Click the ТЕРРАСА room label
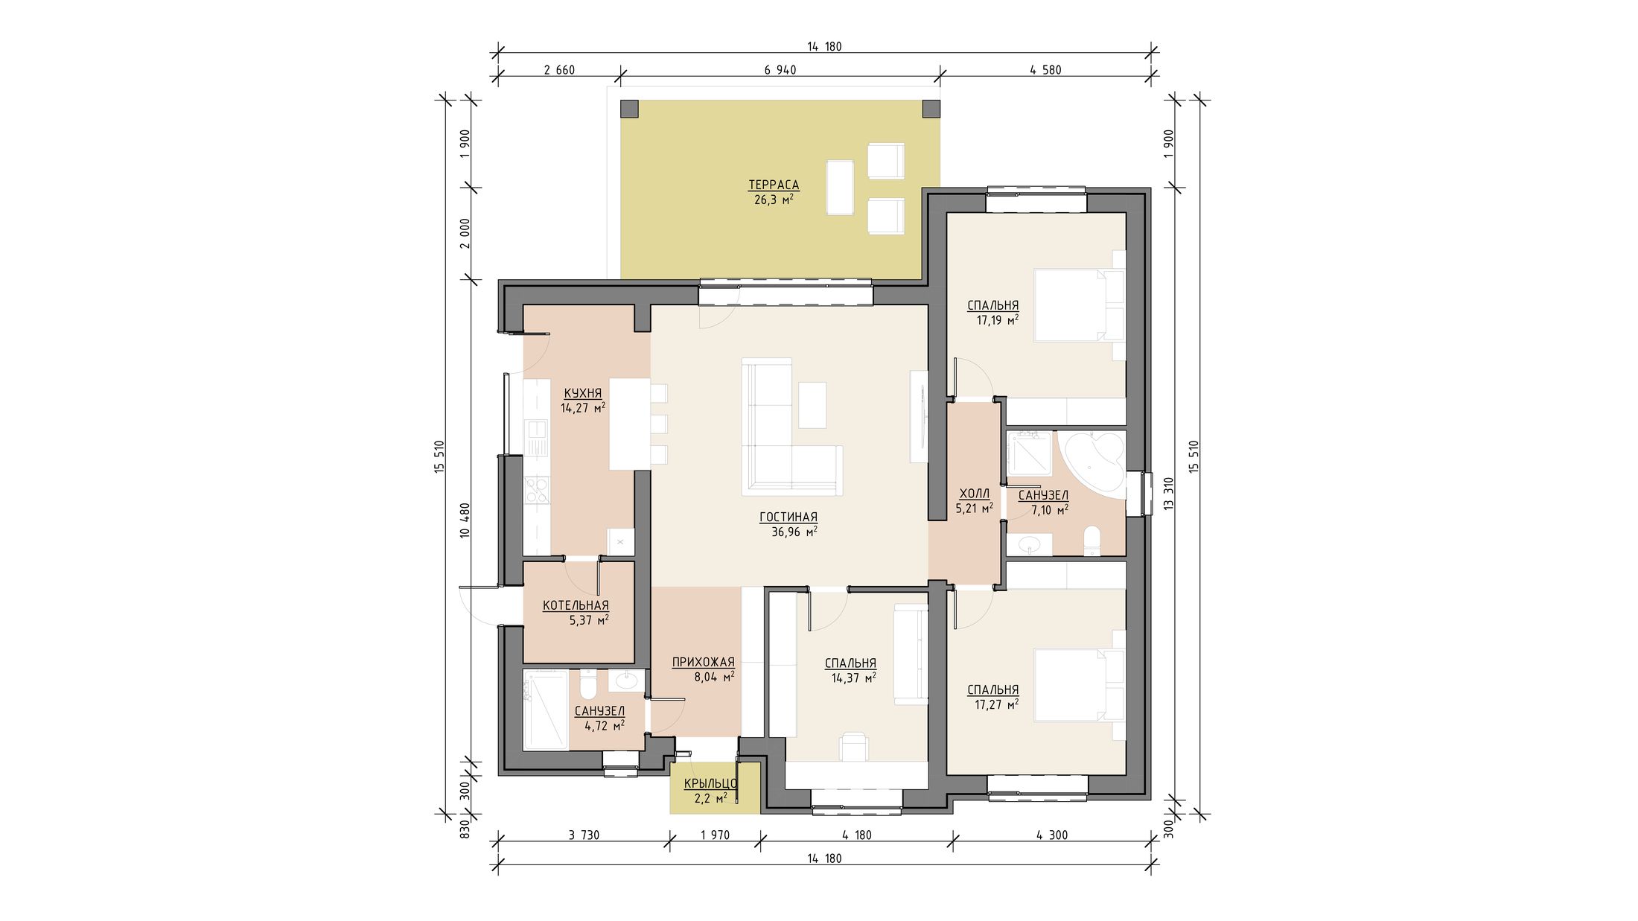pos(774,185)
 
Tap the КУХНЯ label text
pos(582,393)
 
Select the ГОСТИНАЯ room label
pos(788,517)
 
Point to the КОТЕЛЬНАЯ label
pos(576,605)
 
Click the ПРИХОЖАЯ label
pos(703,662)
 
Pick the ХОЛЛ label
pos(975,494)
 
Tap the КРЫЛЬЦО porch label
pos(710,783)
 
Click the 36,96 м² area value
pos(794,532)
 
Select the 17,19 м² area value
pos(998,320)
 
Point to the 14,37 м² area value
pos(853,678)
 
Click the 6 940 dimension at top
pos(780,70)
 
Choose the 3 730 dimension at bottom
pos(584,835)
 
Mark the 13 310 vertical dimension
pos(1169,493)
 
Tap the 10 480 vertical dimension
pos(465,520)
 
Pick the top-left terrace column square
pos(629,109)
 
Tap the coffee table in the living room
pos(812,404)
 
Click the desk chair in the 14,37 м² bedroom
pos(854,745)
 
